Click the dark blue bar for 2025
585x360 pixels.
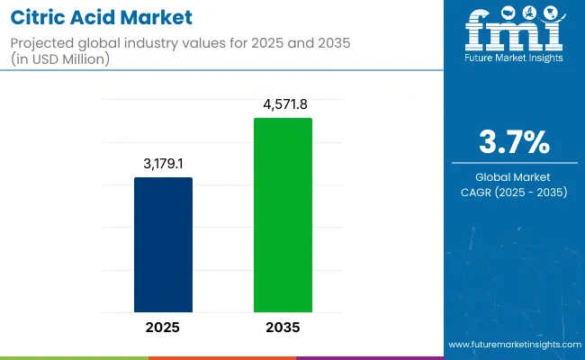point(163,244)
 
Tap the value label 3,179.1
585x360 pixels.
point(163,165)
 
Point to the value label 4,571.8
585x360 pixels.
point(283,105)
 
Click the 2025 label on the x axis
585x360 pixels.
point(163,327)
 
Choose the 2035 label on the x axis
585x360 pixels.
point(283,327)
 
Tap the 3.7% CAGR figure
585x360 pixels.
point(514,143)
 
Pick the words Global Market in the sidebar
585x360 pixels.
point(514,177)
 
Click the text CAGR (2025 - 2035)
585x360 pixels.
point(514,192)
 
